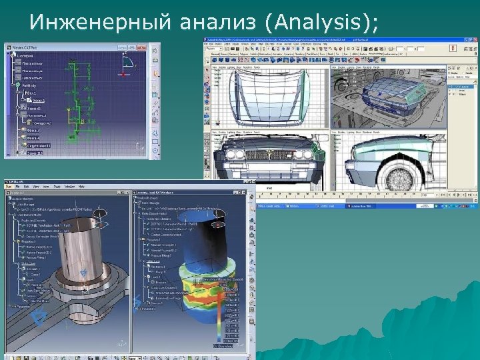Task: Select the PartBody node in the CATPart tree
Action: [29, 86]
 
